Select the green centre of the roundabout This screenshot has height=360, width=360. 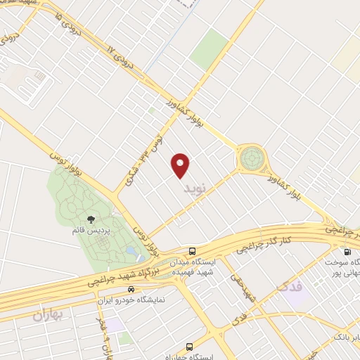[x=250, y=158]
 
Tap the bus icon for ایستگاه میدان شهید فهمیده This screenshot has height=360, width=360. [x=192, y=251]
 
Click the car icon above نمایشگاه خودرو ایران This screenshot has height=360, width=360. [x=131, y=289]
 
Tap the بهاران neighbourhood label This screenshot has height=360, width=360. [x=48, y=316]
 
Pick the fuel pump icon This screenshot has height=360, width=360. [x=347, y=252]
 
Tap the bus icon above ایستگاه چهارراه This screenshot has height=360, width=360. [x=188, y=347]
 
